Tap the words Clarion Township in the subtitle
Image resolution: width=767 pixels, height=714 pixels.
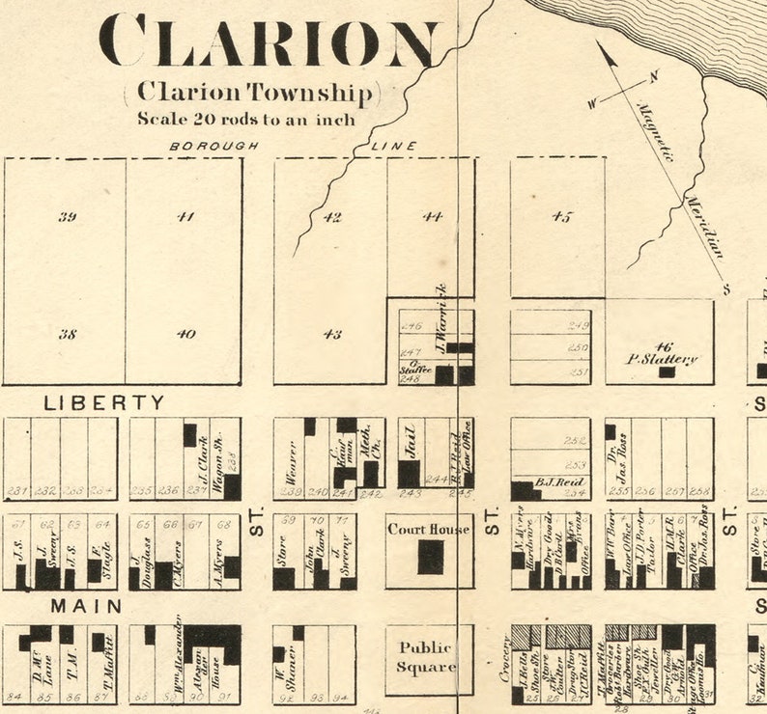point(253,93)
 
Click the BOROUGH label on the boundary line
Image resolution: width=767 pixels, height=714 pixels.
point(214,147)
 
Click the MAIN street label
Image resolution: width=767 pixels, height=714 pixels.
point(86,606)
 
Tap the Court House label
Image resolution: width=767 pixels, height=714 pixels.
point(429,529)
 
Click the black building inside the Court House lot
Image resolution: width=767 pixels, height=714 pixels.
point(430,557)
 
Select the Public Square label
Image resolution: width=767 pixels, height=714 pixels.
point(429,657)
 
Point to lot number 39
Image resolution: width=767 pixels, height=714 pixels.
point(67,216)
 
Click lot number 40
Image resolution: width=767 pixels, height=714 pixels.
point(185,334)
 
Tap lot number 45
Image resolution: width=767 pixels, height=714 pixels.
point(560,216)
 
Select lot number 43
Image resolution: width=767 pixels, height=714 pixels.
point(331,334)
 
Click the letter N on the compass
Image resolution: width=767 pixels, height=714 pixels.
point(653,76)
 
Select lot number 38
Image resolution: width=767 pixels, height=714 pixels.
point(67,334)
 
